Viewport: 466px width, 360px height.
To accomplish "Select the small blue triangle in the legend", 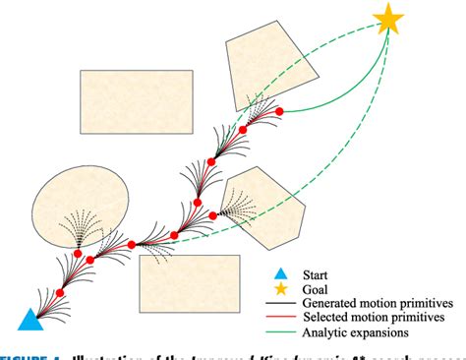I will [x=281, y=272].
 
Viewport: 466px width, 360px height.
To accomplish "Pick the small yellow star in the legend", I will [x=281, y=288].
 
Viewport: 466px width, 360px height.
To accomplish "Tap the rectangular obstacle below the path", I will [x=189, y=282].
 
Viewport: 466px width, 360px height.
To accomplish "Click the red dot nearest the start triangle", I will [x=61, y=293].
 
